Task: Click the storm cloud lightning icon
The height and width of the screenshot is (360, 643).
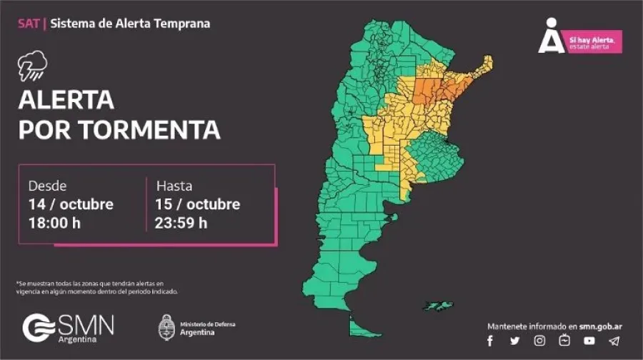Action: (32, 66)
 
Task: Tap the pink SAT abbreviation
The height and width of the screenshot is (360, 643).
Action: (28, 24)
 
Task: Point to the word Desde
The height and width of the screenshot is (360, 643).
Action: (47, 186)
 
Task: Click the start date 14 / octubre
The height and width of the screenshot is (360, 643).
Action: (70, 204)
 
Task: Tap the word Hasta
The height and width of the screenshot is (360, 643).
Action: (174, 186)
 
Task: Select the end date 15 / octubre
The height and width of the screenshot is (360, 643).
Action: (198, 204)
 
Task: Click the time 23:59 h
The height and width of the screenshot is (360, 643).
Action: (181, 223)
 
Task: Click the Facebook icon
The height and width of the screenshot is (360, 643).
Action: (490, 341)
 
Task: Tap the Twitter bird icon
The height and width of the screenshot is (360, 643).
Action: (515, 341)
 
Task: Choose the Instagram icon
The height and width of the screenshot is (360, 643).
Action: (540, 341)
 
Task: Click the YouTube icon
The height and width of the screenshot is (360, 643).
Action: (589, 341)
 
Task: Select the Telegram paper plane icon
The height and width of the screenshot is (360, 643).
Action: (614, 341)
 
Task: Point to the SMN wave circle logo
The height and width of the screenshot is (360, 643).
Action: (36, 328)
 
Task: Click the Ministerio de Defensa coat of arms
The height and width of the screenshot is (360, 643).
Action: (166, 326)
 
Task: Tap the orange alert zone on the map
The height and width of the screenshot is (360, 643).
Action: (437, 89)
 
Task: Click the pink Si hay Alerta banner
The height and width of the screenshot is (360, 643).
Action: (592, 41)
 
